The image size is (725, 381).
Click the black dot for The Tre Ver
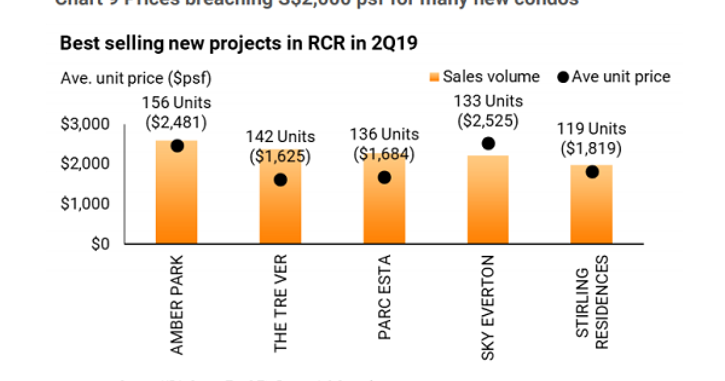coord(280,180)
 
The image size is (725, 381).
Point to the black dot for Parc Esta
coord(384,177)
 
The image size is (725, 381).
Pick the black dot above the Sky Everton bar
coord(488,143)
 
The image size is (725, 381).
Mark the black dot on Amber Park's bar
coord(177,146)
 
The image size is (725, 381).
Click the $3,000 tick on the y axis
coord(85,125)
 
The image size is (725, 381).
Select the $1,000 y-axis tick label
coord(85,204)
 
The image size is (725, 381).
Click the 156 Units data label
coord(176,103)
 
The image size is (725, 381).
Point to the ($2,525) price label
coord(488,120)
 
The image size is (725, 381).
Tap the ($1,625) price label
coord(280,157)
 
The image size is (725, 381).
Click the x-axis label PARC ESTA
coord(384,298)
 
